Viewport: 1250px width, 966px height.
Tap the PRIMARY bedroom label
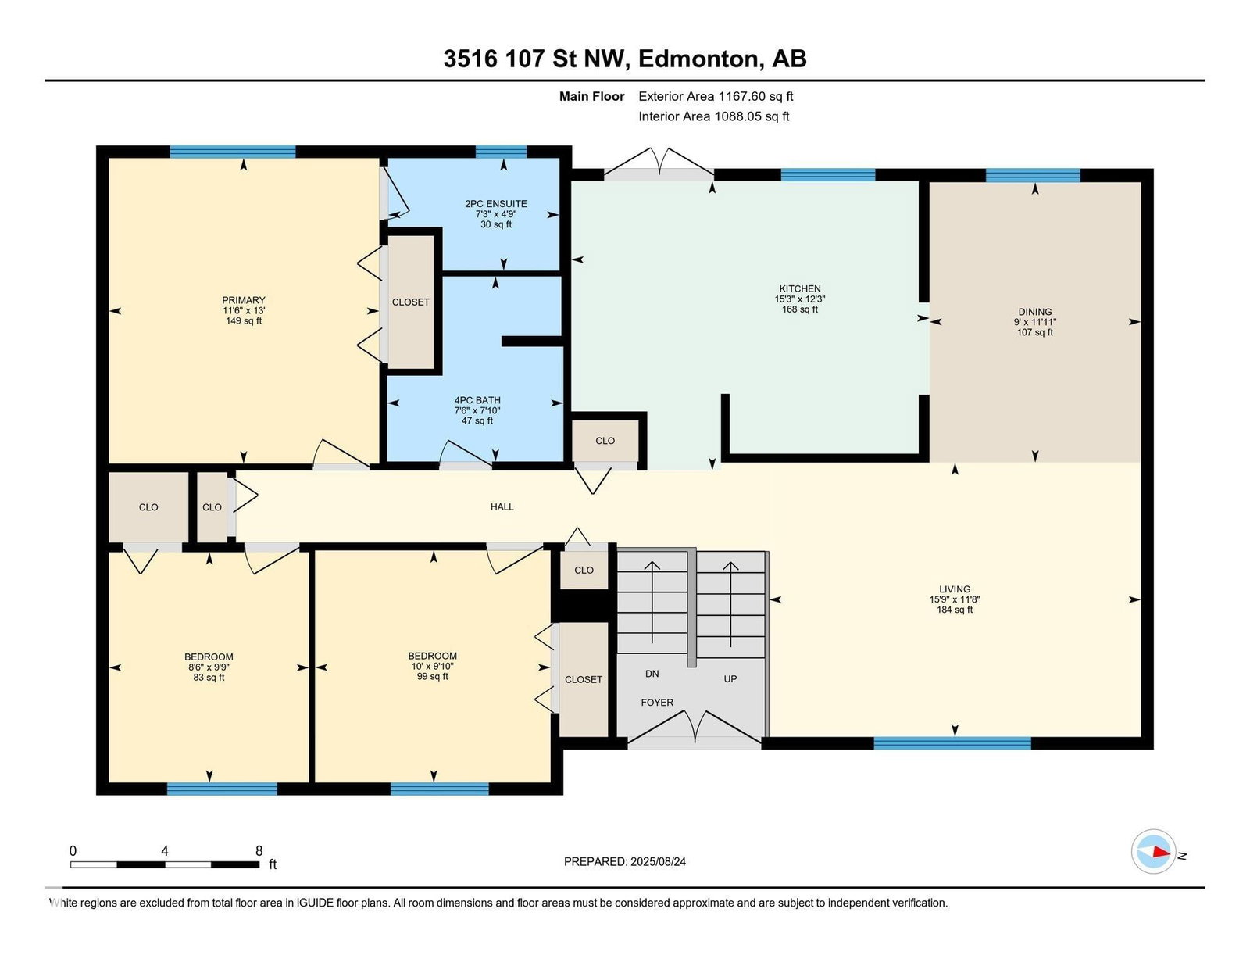pyautogui.click(x=243, y=300)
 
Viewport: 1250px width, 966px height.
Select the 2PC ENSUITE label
pyautogui.click(x=496, y=204)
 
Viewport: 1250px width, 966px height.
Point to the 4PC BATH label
pyautogui.click(x=477, y=400)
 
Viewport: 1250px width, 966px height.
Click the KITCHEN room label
pyautogui.click(x=799, y=288)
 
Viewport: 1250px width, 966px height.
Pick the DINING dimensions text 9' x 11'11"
pyautogui.click(x=1035, y=322)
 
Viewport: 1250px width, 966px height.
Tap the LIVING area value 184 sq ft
pyautogui.click(x=955, y=610)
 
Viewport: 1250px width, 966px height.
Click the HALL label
pyautogui.click(x=502, y=507)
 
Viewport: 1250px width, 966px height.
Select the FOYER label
pyautogui.click(x=657, y=703)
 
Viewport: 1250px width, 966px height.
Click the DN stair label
pyautogui.click(x=652, y=674)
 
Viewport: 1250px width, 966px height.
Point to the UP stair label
pyautogui.click(x=730, y=679)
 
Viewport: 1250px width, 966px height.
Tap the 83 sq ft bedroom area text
pyautogui.click(x=209, y=678)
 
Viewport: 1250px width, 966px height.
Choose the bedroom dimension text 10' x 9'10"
pyautogui.click(x=433, y=666)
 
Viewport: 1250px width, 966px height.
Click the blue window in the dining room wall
pyautogui.click(x=1033, y=175)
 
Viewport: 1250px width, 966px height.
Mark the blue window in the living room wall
pyautogui.click(x=952, y=742)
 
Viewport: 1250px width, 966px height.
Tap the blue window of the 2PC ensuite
pyautogui.click(x=501, y=152)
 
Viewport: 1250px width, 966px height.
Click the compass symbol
pyautogui.click(x=1153, y=852)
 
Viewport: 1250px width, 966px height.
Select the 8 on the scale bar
pyautogui.click(x=259, y=851)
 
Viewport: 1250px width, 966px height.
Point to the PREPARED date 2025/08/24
pyautogui.click(x=658, y=862)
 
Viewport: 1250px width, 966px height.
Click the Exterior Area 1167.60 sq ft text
pyautogui.click(x=716, y=97)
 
